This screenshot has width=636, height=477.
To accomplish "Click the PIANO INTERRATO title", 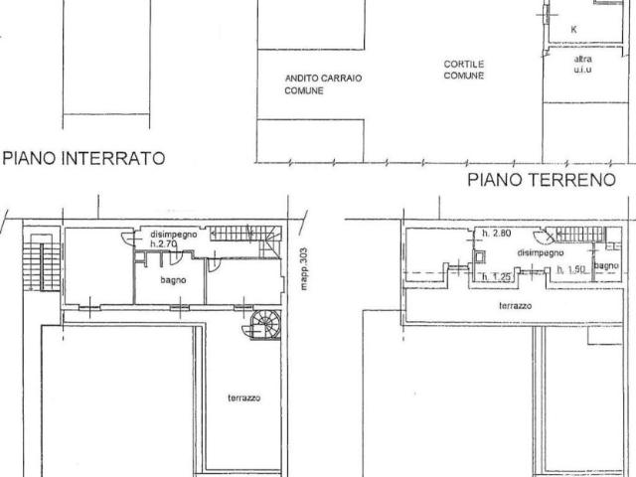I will pyautogui.click(x=83, y=157).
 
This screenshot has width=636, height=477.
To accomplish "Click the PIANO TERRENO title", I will pyautogui.click(x=542, y=180).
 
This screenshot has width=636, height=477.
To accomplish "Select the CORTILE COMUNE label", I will pyautogui.click(x=464, y=71).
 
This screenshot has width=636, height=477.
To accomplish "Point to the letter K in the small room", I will pyautogui.click(x=573, y=30).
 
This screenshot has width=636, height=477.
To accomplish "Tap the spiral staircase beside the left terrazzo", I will pyautogui.click(x=265, y=323).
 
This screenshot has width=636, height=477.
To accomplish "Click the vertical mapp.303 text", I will pyautogui.click(x=305, y=267).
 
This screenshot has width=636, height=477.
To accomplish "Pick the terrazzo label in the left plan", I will pyautogui.click(x=242, y=397).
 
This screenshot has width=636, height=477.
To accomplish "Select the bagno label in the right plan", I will pyautogui.click(x=607, y=265).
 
